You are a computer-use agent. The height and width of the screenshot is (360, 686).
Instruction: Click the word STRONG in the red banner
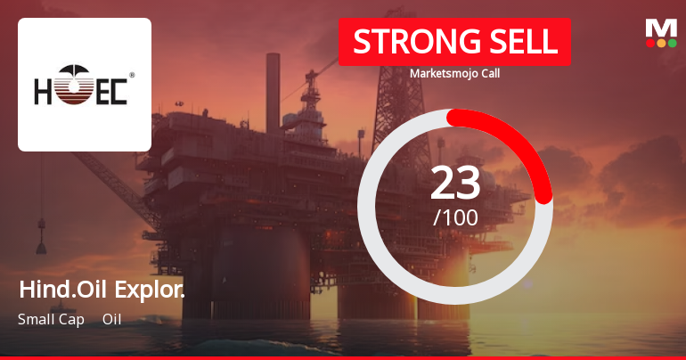pos(405,41)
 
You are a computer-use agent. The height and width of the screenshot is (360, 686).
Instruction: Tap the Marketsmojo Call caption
pos(454,74)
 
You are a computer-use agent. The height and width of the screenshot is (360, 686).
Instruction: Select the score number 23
pos(455,183)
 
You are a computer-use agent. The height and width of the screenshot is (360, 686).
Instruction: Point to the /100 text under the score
pos(455,217)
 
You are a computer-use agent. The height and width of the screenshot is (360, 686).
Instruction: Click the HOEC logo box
pos(85,85)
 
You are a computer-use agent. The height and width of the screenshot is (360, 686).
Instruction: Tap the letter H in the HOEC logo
pos(45,91)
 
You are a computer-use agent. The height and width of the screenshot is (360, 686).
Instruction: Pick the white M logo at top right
pos(661,28)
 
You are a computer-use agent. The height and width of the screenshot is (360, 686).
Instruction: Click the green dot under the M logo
pos(672,43)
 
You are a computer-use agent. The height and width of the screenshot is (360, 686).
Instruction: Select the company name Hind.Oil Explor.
pos(101,290)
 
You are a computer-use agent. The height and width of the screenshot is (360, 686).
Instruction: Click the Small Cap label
pos(50,319)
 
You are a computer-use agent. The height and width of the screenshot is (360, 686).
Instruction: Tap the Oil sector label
pos(111,319)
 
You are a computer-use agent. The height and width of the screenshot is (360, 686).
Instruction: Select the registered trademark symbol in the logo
pos(132,76)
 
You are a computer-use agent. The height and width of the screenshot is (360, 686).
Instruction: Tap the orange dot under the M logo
pos(661,43)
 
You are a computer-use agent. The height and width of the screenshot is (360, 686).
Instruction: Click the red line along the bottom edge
pos(343,357)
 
